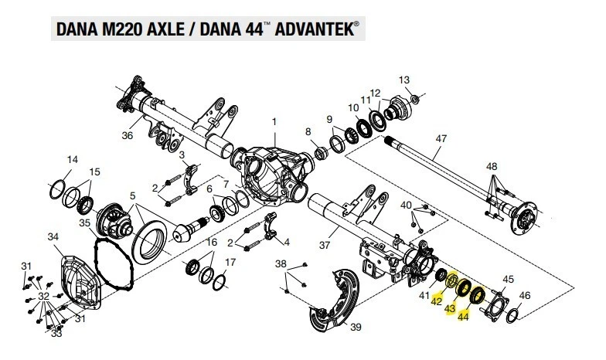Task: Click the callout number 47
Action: pyautogui.click(x=441, y=140)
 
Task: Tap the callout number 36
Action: pyautogui.click(x=128, y=136)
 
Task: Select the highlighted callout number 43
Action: pyautogui.click(x=449, y=309)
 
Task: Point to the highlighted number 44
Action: pyautogui.click(x=464, y=316)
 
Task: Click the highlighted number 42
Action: pyautogui.click(x=436, y=302)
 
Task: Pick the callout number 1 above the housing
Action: pyautogui.click(x=273, y=122)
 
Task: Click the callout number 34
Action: pyautogui.click(x=53, y=236)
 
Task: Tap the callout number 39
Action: pyautogui.click(x=356, y=328)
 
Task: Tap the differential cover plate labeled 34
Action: pyautogui.click(x=82, y=278)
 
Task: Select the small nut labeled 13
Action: pyautogui.click(x=414, y=98)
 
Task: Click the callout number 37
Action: pyautogui.click(x=325, y=246)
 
